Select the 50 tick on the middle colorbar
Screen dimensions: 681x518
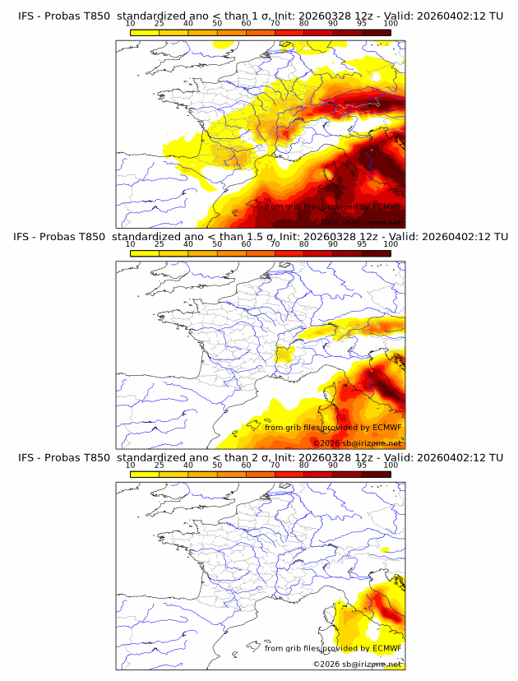[x=217, y=243]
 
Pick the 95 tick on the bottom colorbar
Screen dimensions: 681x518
[x=362, y=464]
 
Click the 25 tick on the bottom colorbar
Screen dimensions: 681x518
[x=159, y=464]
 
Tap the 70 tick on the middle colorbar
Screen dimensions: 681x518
[x=275, y=243]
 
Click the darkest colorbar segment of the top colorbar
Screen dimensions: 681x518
[x=376, y=32]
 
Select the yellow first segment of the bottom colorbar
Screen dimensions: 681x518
[x=144, y=474]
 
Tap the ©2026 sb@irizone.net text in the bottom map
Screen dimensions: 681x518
[x=356, y=664]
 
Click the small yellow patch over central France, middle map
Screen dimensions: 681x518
[x=284, y=354]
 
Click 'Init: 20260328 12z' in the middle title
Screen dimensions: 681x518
[x=331, y=237]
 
